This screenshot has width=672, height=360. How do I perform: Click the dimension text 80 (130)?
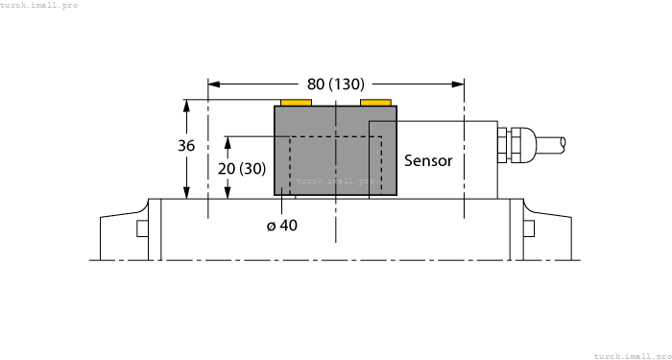point(336,84)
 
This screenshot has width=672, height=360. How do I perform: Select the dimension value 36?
point(187,146)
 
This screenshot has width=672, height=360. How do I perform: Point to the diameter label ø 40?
point(282,225)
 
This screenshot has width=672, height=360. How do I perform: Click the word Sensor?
point(427,160)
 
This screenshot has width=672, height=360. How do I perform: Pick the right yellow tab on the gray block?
point(375,102)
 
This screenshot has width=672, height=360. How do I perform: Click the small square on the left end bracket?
point(142,228)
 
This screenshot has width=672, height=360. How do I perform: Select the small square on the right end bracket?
point(528,228)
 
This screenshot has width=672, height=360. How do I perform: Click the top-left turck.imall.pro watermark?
point(39,5)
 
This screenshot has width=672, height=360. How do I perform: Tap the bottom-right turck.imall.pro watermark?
point(632,355)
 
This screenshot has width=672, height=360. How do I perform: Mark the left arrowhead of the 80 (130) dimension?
point(214,84)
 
